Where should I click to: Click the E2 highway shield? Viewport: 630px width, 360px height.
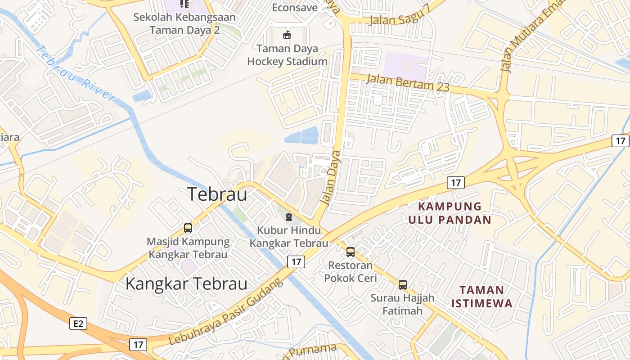click(78, 323)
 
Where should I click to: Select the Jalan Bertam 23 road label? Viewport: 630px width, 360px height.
click(408, 83)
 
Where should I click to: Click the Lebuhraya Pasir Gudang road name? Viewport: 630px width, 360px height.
click(226, 312)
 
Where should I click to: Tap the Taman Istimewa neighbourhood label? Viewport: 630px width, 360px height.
click(482, 296)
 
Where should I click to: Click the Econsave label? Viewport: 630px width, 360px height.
click(295, 7)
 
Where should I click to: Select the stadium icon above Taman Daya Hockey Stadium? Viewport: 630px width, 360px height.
click(287, 35)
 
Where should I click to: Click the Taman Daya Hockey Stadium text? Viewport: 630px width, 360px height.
click(288, 55)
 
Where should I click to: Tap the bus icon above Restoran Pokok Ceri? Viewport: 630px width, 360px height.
click(351, 252)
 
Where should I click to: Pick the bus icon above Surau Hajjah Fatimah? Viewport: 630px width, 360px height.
click(403, 284)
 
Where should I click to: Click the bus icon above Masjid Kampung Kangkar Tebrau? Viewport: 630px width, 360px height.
click(188, 228)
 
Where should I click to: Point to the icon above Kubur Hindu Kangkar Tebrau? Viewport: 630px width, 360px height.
click(288, 217)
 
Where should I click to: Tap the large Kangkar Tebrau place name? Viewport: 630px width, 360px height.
click(186, 284)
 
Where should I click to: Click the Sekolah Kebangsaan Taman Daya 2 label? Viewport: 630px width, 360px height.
click(184, 24)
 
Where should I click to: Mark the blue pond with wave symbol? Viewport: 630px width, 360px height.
click(301, 135)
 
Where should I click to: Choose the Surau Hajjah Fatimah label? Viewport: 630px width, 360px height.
click(402, 304)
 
